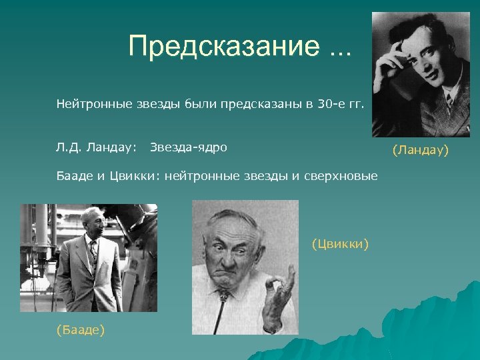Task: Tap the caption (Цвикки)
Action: point(340,244)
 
